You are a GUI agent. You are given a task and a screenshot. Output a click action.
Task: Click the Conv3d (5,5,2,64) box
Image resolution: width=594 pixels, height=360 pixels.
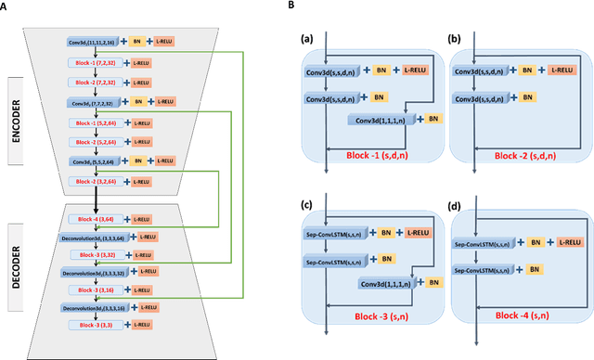[93, 161]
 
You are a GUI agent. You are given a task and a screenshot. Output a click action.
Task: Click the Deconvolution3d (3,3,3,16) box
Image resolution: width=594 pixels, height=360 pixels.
[95, 306]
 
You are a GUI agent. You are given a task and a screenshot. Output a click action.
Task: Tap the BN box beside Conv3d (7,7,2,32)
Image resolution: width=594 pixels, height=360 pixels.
[136, 101]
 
